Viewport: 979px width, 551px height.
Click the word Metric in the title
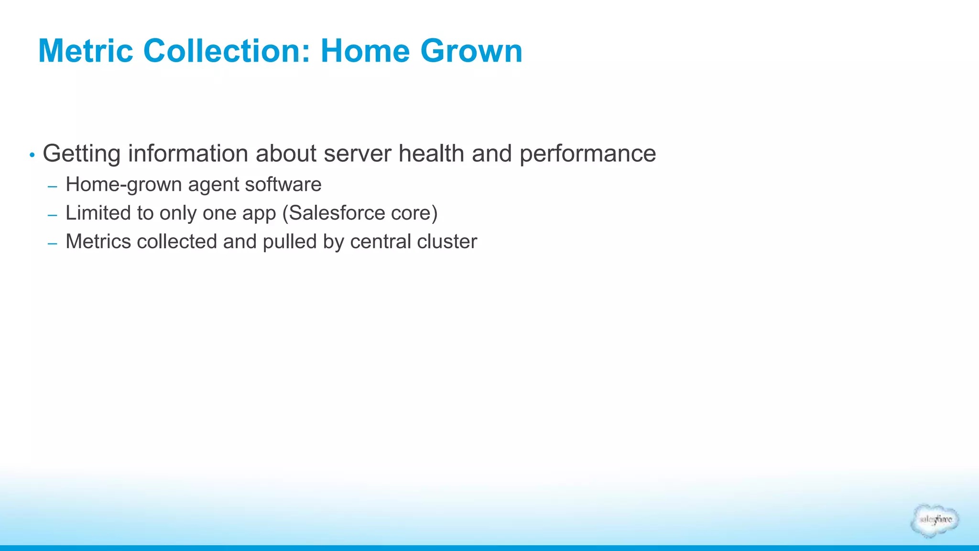[86, 51]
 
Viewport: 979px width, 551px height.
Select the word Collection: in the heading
[227, 51]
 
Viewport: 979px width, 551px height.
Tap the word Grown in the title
[471, 51]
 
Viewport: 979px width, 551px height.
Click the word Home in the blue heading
[365, 51]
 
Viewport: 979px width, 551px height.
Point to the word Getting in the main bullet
[81, 154]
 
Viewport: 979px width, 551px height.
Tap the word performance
[587, 154]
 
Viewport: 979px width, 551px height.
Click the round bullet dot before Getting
[32, 155]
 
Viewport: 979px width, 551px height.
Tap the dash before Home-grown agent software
[53, 187]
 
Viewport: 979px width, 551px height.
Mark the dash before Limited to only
[53, 215]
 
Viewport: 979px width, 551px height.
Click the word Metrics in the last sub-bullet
[98, 242]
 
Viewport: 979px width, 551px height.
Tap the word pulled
[290, 242]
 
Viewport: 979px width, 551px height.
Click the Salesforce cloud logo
[935, 520]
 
